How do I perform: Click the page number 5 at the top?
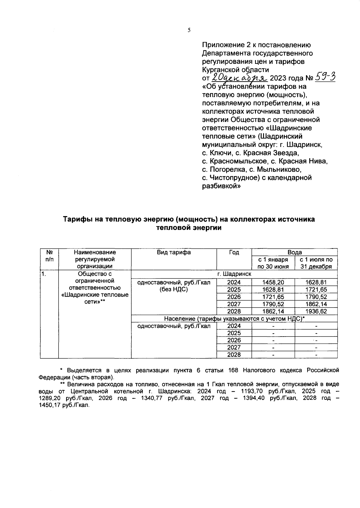(189, 30)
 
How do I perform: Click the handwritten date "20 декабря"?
(240, 78)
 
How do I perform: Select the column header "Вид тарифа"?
(174, 252)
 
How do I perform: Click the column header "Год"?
(234, 252)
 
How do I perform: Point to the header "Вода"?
(295, 252)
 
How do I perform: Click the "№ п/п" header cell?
(49, 256)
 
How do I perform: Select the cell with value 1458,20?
(273, 282)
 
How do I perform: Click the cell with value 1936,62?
(316, 311)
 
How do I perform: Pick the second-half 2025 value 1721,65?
(316, 290)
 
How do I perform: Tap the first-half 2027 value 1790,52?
(273, 304)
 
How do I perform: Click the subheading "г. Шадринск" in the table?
(234, 274)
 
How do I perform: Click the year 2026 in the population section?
(234, 340)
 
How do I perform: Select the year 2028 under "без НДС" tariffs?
(234, 311)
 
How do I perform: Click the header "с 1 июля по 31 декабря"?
(316, 263)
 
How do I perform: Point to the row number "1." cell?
(44, 274)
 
